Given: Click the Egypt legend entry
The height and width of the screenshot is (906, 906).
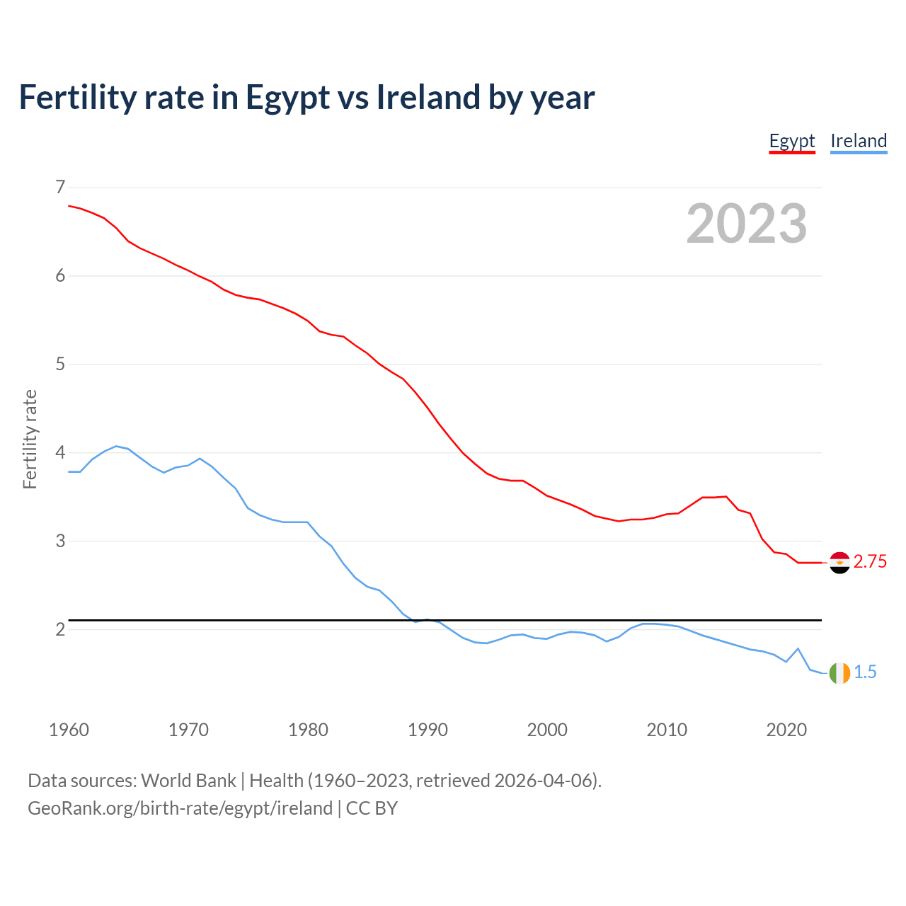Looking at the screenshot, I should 792,141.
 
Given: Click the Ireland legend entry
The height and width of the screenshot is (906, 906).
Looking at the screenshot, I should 859,141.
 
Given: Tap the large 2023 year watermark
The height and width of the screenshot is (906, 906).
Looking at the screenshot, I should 747,224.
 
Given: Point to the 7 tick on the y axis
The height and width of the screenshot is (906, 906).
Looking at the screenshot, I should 60,187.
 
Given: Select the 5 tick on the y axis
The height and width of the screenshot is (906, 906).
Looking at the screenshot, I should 60,364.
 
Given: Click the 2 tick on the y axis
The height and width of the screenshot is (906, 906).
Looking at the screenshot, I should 60,629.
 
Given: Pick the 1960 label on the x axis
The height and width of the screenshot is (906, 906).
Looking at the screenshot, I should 69,730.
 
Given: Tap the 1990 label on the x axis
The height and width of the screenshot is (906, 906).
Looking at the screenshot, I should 428,730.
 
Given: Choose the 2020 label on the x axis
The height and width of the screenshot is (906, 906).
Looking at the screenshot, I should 786,730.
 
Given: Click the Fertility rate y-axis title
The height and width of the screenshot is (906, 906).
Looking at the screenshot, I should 30,439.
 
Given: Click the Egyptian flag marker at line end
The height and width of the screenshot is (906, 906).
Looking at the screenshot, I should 839,563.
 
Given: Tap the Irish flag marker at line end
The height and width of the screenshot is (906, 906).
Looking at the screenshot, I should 839,673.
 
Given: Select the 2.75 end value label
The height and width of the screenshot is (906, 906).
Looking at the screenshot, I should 870,562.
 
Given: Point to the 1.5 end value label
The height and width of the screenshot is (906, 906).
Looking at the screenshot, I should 865,672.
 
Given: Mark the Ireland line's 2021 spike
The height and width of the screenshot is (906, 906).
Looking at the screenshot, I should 798,648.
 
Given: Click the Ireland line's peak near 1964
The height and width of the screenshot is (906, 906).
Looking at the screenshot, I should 116,447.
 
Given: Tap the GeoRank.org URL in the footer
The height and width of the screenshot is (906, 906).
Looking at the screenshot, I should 180,808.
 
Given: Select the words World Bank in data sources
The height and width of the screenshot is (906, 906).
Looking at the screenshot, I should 188,781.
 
